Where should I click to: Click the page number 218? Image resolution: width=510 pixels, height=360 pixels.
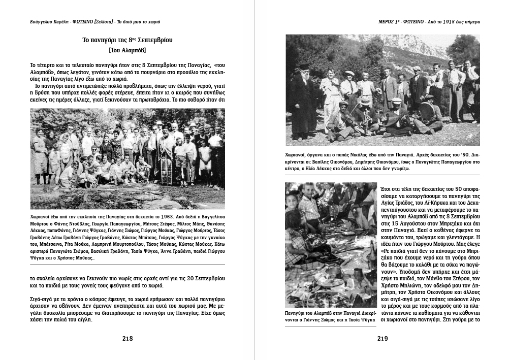coord(127,339)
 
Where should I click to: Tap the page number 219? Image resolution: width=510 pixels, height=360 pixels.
coord(382,339)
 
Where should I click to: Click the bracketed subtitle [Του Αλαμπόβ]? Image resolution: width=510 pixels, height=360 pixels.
coord(127,50)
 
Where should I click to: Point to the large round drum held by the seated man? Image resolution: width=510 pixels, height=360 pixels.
coord(426,112)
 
